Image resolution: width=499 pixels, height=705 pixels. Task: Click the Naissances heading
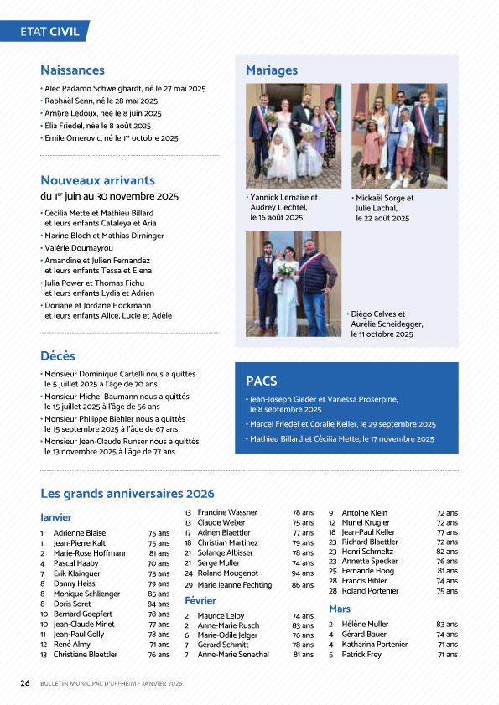pos(72,70)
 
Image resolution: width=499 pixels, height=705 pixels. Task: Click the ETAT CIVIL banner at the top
pos(50,32)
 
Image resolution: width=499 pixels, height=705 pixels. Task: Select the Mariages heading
pos(271,70)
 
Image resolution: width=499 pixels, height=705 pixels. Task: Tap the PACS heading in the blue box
pos(262,381)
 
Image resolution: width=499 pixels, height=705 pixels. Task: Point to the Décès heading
pos(58,355)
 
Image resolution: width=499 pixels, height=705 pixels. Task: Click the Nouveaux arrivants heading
pos(97,180)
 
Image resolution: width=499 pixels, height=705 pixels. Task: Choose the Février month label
pos(200,601)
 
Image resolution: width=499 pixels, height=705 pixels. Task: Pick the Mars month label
pos(340,609)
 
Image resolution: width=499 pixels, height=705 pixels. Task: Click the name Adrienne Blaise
pos(80,533)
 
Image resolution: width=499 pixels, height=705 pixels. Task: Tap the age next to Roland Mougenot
pos(302,573)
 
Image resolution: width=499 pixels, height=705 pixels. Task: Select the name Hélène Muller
pos(365,625)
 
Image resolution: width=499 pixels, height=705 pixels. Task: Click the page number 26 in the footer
pos(25,683)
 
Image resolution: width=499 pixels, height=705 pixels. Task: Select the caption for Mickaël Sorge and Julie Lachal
pos(384,208)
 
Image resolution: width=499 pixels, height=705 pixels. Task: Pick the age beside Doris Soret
pos(159,604)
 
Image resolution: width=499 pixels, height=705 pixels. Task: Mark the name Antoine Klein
pos(364,512)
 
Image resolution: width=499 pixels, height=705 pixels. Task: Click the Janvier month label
pos(56,517)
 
